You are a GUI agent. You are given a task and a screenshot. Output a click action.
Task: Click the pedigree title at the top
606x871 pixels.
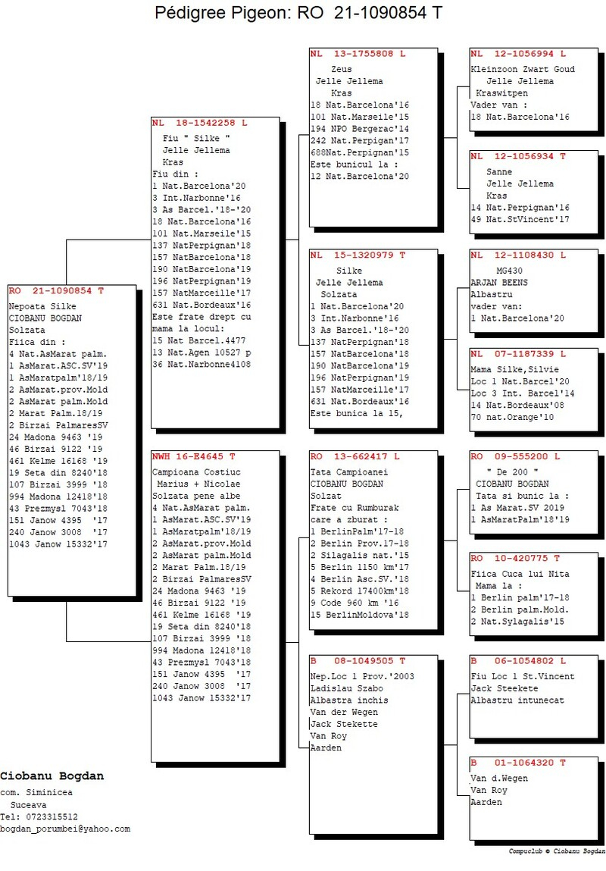pyautogui.click(x=298, y=12)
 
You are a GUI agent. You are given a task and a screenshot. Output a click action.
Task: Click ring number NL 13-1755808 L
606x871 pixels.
pyautogui.click(x=358, y=54)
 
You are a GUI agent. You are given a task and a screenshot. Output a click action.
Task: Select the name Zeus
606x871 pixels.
pyautogui.click(x=342, y=70)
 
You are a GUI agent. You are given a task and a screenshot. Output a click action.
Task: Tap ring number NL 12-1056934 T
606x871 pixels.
pyautogui.click(x=518, y=157)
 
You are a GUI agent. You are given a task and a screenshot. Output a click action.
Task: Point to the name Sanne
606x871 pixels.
pyautogui.click(x=499, y=172)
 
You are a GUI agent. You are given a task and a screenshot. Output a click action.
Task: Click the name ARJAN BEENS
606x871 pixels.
pyautogui.click(x=499, y=283)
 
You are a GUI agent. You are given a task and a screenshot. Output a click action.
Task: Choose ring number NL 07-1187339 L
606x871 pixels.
pyautogui.click(x=518, y=354)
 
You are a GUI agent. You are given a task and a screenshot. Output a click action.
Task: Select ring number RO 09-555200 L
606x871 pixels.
pyautogui.click(x=516, y=456)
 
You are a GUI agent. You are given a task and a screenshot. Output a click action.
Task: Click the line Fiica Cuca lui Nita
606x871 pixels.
pyautogui.click(x=520, y=575)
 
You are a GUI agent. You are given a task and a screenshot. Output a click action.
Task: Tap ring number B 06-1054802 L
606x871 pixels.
pyautogui.click(x=518, y=661)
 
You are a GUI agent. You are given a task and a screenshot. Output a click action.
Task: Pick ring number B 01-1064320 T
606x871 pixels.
pyautogui.click(x=518, y=763)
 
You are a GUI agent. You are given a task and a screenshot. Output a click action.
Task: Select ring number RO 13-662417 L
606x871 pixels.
pyautogui.click(x=355, y=456)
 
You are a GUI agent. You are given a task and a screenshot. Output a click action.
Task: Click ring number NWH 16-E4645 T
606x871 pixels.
pyautogui.click(x=194, y=456)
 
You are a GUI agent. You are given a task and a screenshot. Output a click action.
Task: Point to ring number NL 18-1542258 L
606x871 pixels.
pyautogui.click(x=200, y=123)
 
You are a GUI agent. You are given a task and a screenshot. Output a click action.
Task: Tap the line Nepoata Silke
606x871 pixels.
pyautogui.click(x=42, y=306)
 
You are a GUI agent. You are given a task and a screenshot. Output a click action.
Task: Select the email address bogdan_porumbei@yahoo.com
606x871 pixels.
pyautogui.click(x=65, y=829)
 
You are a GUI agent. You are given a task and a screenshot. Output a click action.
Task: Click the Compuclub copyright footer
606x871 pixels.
pyautogui.click(x=557, y=851)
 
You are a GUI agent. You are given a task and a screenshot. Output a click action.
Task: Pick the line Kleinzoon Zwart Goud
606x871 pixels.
pyautogui.click(x=523, y=70)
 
